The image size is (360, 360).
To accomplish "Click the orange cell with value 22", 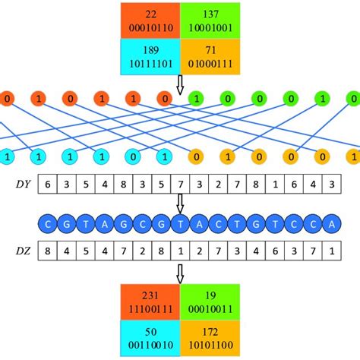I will (x=150, y=20).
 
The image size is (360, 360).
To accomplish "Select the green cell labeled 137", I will (x=210, y=20).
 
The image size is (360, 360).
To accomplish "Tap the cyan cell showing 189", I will (x=150, y=56).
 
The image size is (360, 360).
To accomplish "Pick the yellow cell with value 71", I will (x=210, y=56).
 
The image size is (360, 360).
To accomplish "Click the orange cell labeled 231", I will (x=150, y=302).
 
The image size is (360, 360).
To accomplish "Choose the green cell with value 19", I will (x=210, y=302).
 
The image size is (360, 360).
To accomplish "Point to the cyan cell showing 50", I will (x=150, y=339).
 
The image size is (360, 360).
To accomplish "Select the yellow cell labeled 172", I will (x=210, y=339).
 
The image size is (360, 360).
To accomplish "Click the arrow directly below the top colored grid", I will (x=180, y=85).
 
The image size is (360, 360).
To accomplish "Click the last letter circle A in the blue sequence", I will (x=329, y=225).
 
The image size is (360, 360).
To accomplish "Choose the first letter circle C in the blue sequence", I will (x=48, y=225).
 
